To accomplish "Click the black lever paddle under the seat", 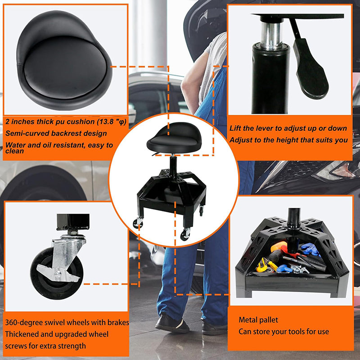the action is pos(311,69).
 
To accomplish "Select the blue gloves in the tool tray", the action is pos(310,249).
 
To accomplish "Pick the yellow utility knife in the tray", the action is pos(262,265).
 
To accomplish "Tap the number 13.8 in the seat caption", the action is pos(106,121).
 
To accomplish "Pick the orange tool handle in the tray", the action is pos(278,247).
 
